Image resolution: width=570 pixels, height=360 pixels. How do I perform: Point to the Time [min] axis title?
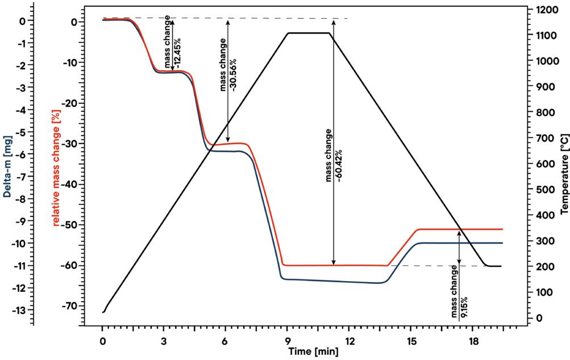[x=313, y=351]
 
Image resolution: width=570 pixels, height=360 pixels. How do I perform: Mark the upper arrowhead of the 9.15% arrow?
[x=459, y=232]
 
